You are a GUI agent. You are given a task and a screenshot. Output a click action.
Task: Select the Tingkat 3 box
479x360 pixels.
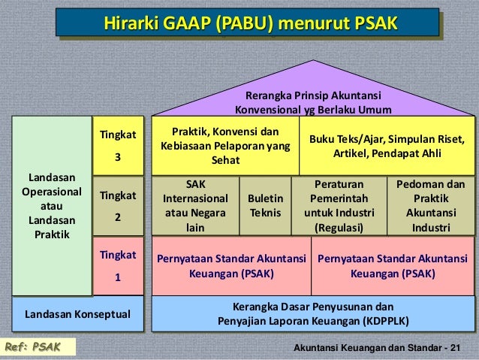pyautogui.click(x=116, y=146)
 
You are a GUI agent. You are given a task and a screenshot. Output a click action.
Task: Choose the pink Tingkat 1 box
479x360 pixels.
pyautogui.click(x=116, y=265)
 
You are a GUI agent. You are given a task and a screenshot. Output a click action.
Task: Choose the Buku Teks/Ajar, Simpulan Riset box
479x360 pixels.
pyautogui.click(x=387, y=146)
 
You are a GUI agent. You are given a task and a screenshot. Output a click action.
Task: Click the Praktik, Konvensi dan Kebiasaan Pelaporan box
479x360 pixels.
pyautogui.click(x=225, y=146)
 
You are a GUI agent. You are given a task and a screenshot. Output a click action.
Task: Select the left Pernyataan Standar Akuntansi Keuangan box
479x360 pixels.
pyautogui.click(x=230, y=265)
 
